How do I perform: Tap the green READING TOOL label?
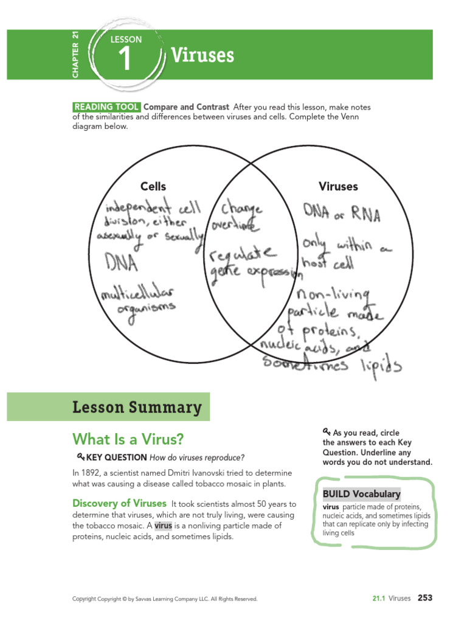106,107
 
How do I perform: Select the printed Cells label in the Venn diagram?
153,187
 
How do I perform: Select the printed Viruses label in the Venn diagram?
338,187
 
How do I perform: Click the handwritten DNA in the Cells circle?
120,263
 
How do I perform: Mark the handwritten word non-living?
333,297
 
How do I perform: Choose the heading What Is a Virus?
128,439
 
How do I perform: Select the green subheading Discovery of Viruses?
119,504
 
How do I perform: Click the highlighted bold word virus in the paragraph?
163,526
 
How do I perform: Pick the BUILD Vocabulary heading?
361,494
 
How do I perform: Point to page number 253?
424,598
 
